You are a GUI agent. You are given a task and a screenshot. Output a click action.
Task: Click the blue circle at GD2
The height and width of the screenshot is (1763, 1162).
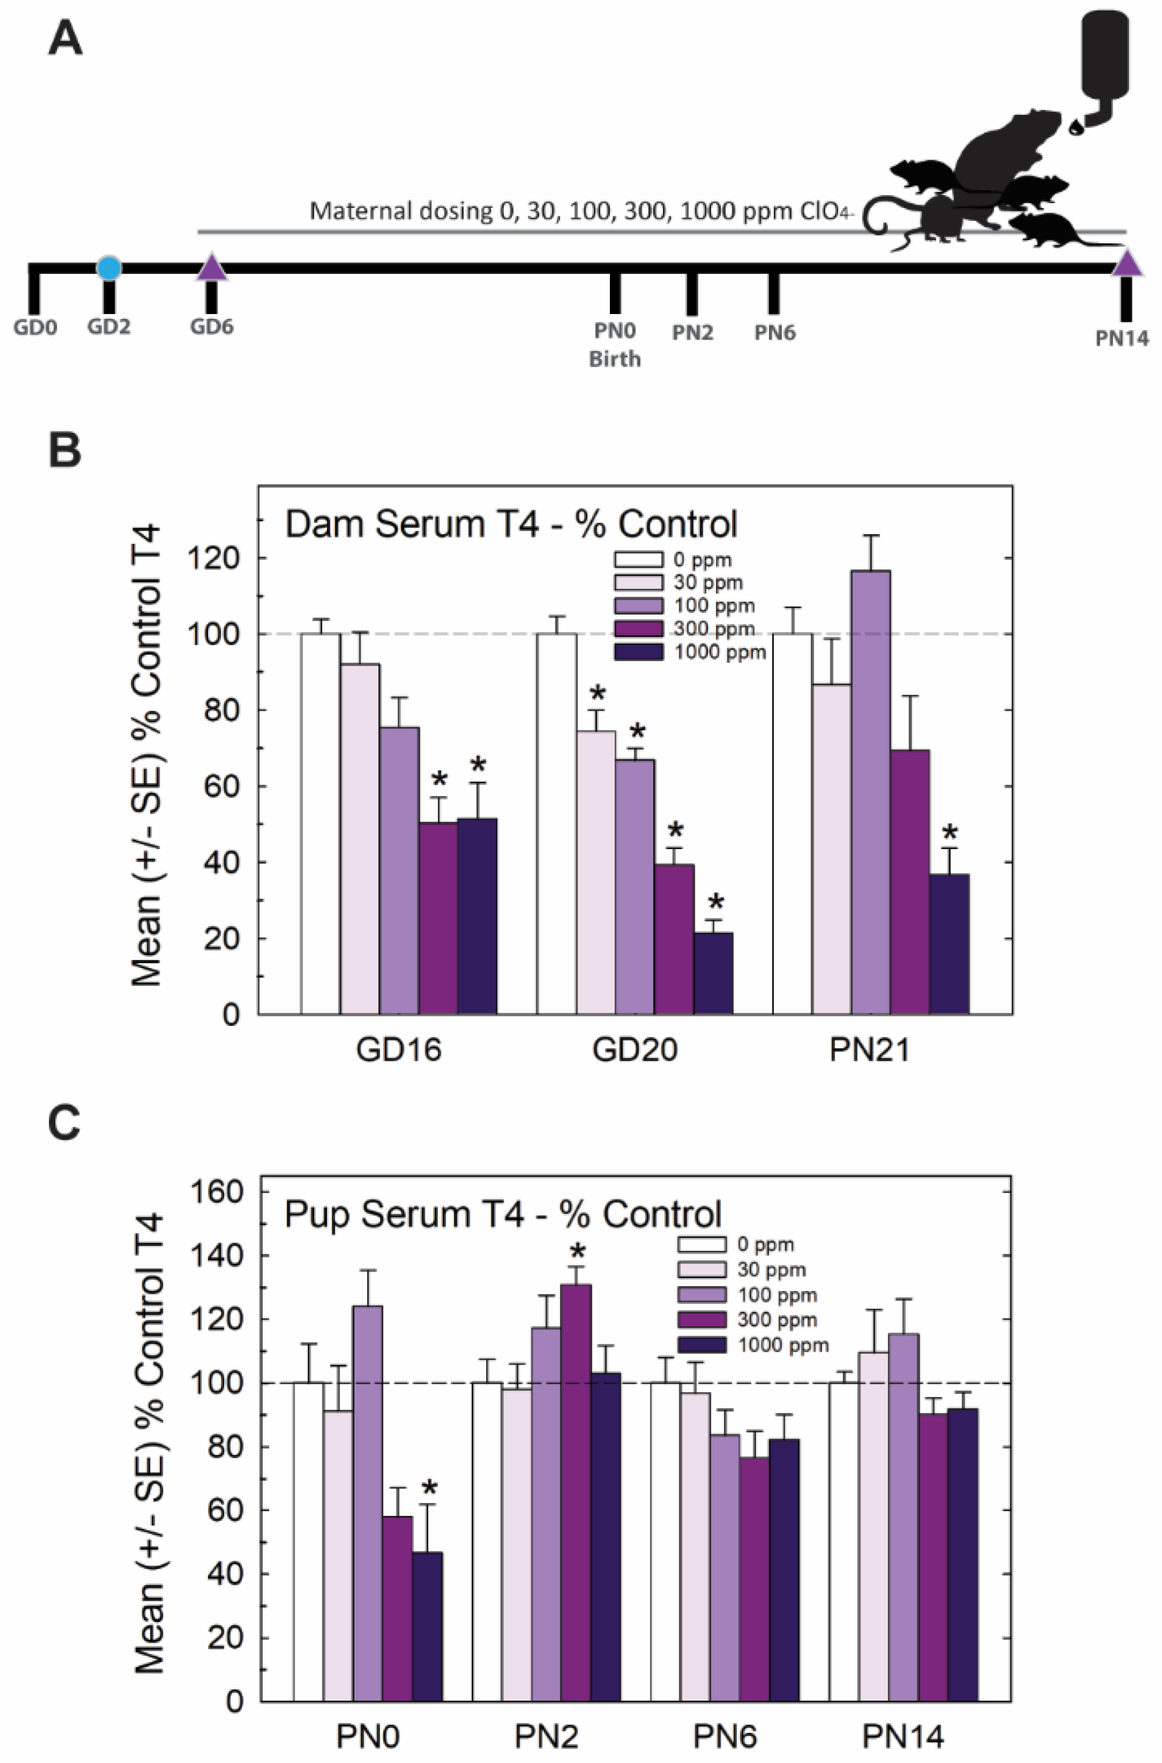109,268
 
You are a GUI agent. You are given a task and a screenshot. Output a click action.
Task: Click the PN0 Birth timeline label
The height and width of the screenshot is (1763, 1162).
615,345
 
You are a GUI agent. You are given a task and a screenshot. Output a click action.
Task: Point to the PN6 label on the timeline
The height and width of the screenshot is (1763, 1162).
774,333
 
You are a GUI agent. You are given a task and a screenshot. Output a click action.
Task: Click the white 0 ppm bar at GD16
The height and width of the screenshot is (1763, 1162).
320,823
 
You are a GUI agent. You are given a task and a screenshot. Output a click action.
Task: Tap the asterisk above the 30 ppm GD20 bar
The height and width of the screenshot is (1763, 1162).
597,694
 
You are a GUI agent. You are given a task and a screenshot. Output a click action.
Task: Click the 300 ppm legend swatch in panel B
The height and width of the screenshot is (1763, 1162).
638,629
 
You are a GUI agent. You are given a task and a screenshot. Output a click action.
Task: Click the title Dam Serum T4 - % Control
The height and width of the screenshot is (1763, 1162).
511,524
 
